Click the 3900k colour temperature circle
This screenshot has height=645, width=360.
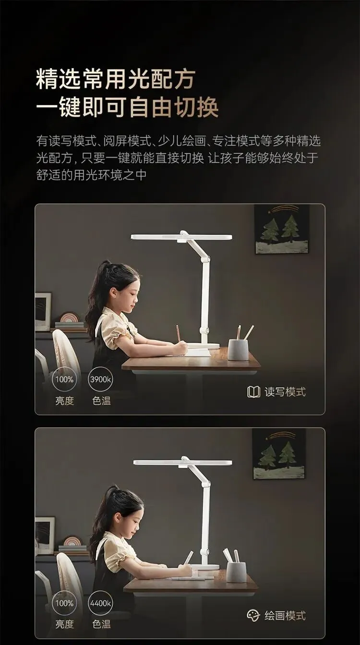100,379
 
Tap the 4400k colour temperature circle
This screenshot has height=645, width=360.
100,603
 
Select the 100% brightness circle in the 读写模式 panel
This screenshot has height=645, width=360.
64,379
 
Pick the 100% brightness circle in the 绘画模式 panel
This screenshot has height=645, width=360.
64,603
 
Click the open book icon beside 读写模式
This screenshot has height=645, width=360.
253,392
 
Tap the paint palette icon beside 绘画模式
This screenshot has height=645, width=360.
253,615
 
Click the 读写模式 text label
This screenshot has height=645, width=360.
285,392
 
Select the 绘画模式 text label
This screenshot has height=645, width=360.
285,616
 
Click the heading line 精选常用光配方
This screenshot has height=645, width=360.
116,79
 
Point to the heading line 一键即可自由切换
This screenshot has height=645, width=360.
127,107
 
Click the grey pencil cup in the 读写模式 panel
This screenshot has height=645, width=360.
238,349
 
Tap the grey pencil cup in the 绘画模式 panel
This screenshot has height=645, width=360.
236,572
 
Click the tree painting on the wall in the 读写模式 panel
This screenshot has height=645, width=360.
282,229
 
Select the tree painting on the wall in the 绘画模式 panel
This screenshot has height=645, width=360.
279,454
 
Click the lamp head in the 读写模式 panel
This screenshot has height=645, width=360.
181,237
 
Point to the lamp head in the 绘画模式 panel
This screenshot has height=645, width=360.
183,462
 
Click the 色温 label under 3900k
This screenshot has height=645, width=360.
102,401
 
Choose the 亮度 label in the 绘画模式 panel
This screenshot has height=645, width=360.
64,624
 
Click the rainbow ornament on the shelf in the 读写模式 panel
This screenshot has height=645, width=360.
69,317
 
